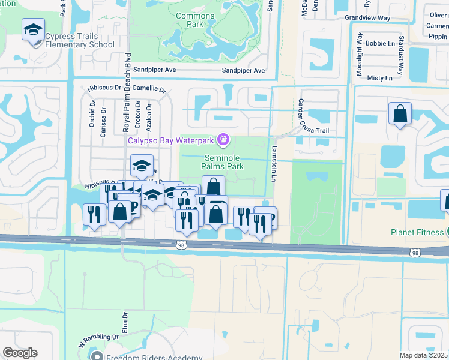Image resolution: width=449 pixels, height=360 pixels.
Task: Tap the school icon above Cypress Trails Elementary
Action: click(33, 29)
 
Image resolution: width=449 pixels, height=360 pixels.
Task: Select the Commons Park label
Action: click(195, 20)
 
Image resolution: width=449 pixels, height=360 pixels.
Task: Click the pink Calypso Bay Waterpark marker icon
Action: click(223, 140)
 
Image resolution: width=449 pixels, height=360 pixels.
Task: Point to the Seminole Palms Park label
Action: click(221, 161)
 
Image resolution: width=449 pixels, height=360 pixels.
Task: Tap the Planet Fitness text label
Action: click(417, 233)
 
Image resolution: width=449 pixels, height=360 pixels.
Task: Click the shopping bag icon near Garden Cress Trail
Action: click(399, 113)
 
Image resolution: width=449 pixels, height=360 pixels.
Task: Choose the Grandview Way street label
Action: click(367, 18)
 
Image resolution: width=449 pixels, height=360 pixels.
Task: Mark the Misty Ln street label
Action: click(379, 78)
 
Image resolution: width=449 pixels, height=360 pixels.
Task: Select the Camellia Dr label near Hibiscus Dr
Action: click(149, 88)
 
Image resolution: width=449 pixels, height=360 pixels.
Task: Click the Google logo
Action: click(20, 353)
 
